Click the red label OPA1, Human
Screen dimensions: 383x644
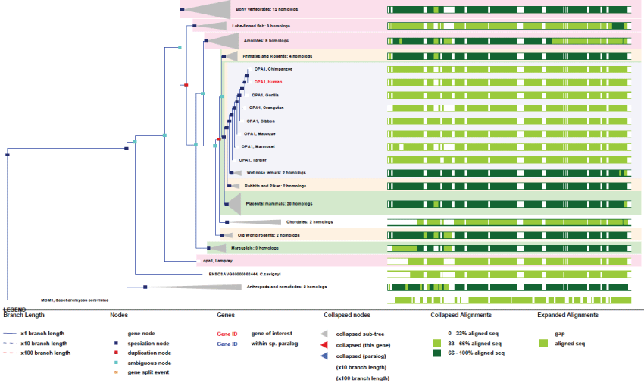pos(268,82)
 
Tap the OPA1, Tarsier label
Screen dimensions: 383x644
pos(252,159)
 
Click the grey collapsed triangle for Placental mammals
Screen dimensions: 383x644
pos(234,203)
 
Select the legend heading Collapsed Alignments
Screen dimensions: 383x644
pos(460,315)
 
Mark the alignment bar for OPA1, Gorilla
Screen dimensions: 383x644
pos(508,95)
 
